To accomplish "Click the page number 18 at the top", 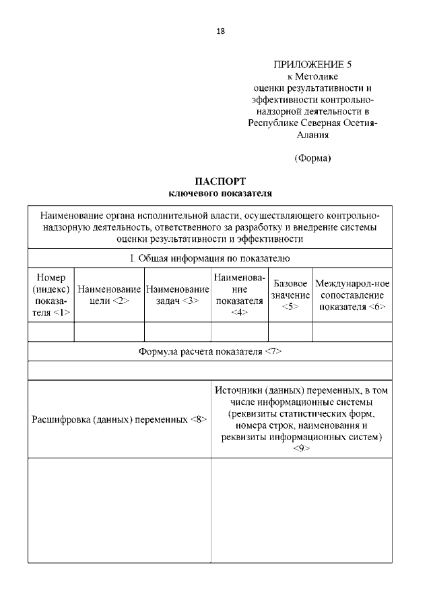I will tap(220, 31).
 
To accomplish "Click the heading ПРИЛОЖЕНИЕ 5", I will tap(312, 65).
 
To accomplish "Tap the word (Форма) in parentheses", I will tap(312, 158).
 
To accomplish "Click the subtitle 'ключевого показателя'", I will tap(220, 193).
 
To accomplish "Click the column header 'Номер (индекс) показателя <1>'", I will tap(51, 295).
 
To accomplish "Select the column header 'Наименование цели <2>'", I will tap(109, 295).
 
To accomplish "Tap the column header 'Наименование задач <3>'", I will tap(178, 295).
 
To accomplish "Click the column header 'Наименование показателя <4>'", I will tap(240, 295).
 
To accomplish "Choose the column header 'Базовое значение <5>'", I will tap(291, 295).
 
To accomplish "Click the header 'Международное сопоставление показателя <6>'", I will tap(352, 295).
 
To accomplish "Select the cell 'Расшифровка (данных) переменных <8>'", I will tap(119, 419).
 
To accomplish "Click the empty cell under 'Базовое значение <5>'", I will tap(291, 332).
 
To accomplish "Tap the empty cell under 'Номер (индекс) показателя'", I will tap(51, 332).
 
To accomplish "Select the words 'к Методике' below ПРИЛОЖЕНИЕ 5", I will tap(312, 76).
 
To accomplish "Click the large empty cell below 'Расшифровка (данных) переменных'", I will tap(119, 510).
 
